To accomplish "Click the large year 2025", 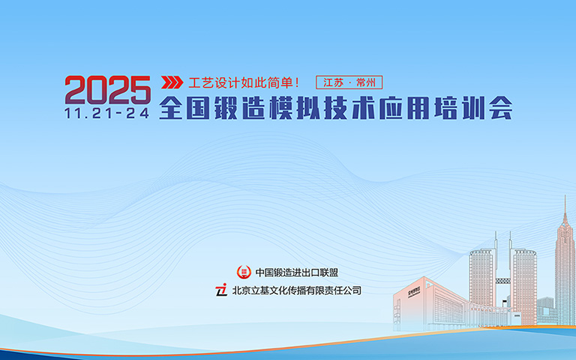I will click(x=107, y=89).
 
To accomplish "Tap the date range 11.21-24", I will click(x=107, y=112).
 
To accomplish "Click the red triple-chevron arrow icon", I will click(x=172, y=82).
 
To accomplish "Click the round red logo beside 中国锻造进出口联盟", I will click(x=242, y=272).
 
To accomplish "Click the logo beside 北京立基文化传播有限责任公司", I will click(x=221, y=289).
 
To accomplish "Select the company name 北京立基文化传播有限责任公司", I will click(x=296, y=289).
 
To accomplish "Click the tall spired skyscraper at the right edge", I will click(x=565, y=262).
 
